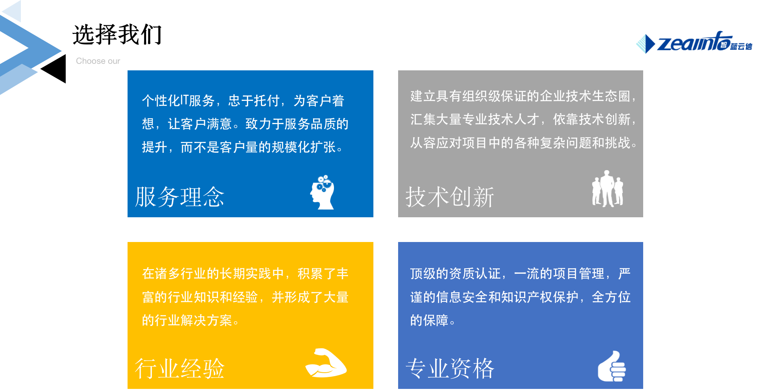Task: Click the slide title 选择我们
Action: tap(117, 34)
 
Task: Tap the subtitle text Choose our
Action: tap(98, 61)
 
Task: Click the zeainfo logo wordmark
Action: tap(694, 42)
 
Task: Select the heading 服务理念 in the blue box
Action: tap(180, 197)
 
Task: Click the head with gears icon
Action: tap(322, 192)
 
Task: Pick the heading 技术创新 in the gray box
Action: tap(450, 197)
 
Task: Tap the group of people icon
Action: tap(608, 189)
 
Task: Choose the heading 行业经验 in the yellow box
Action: tap(180, 368)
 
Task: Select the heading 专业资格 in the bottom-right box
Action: tap(450, 368)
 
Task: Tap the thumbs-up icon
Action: tap(612, 366)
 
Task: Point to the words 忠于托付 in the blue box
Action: tap(254, 101)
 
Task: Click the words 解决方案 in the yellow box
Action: tap(206, 320)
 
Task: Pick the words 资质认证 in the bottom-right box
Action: tap(475, 273)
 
